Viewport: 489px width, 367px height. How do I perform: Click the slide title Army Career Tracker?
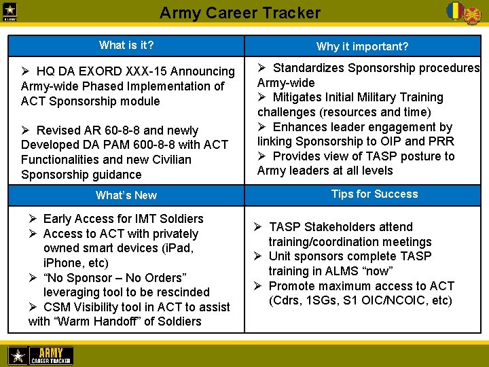click(x=240, y=12)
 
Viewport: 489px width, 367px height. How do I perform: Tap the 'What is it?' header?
click(x=126, y=46)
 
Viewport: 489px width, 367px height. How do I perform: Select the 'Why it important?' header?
click(x=362, y=46)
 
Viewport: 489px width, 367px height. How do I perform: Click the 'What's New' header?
click(x=126, y=195)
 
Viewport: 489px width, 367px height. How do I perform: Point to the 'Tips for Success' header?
click(x=374, y=194)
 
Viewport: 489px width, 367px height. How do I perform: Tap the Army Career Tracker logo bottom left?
click(x=40, y=355)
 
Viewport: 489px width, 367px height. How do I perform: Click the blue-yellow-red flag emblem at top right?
click(x=454, y=10)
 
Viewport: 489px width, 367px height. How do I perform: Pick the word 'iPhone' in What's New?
click(x=61, y=263)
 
